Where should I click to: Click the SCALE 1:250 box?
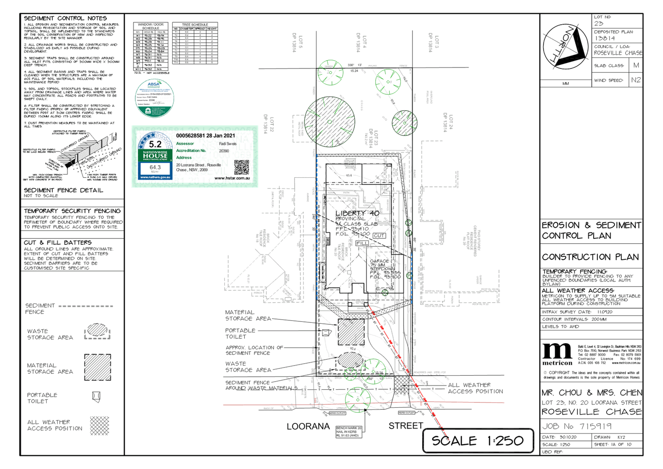[478, 441]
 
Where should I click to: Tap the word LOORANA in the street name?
[308, 426]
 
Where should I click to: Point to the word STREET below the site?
[406, 426]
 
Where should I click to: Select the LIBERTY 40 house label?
[358, 213]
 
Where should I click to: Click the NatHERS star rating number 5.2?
[155, 144]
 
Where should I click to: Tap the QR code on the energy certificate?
[242, 167]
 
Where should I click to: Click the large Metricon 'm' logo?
[557, 351]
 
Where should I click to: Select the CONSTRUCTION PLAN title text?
[590, 257]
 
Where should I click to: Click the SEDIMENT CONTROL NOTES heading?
[66, 18]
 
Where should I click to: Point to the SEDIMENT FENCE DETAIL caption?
[64, 190]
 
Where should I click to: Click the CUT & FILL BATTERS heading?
[58, 242]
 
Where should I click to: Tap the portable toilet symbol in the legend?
[97, 397]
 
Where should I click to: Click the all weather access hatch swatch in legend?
[99, 425]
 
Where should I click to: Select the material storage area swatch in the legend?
[98, 367]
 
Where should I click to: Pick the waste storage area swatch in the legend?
[98, 331]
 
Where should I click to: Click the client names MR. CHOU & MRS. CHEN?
[591, 392]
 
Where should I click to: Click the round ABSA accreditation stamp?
[154, 98]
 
